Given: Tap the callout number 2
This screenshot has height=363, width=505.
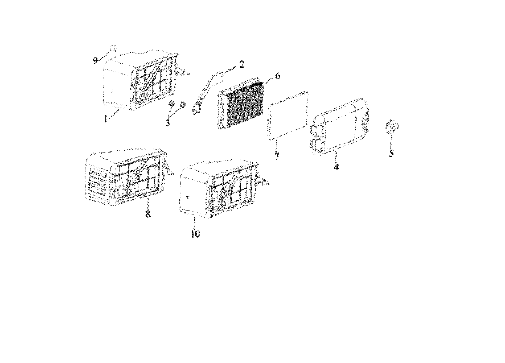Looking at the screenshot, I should [x=241, y=65].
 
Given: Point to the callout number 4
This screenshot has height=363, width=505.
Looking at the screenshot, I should [x=336, y=167].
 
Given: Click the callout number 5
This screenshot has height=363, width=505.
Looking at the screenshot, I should [x=391, y=153].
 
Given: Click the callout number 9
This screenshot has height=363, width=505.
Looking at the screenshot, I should [x=95, y=61].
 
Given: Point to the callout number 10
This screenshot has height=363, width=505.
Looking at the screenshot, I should [x=195, y=234].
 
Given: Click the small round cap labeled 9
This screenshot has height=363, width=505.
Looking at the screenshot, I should [x=113, y=48].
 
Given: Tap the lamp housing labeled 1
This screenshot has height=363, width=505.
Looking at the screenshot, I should [x=141, y=80].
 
